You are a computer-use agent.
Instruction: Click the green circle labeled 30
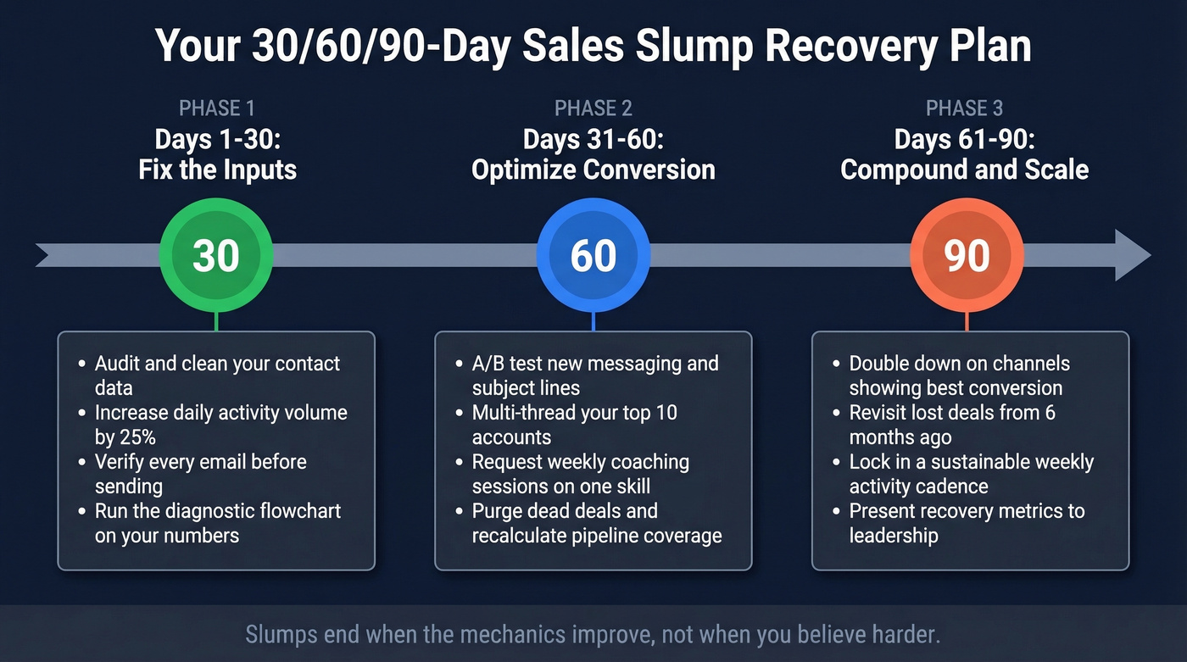(x=216, y=255)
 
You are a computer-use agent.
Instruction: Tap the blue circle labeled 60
(x=593, y=255)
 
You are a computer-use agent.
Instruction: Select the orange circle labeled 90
(x=967, y=255)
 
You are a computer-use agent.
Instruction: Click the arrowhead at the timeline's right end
(x=1133, y=255)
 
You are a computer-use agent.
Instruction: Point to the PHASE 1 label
(x=217, y=108)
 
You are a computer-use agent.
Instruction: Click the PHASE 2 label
(x=593, y=108)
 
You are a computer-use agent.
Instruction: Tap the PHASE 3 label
(x=965, y=108)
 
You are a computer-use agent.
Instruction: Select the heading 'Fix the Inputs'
(x=217, y=170)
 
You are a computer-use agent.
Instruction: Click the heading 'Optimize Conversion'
(x=593, y=170)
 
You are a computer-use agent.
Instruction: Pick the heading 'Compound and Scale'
(x=965, y=170)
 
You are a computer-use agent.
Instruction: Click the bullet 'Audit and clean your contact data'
(x=217, y=376)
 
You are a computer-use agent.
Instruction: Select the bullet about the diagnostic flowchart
(x=217, y=523)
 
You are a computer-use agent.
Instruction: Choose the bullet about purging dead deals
(x=597, y=523)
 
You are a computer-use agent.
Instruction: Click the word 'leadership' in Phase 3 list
(x=894, y=536)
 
